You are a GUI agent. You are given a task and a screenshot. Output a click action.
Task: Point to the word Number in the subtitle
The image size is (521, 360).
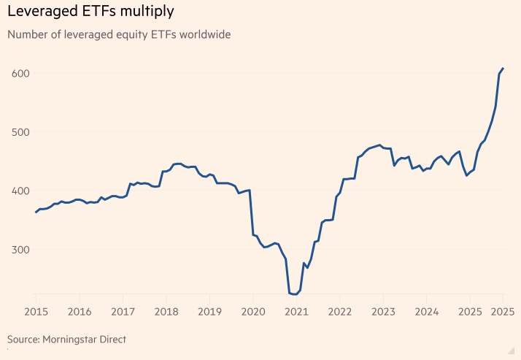(27, 34)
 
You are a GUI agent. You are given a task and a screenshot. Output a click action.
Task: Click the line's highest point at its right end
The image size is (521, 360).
(503, 68)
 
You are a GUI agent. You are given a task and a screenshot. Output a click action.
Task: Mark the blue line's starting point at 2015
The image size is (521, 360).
(36, 212)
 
